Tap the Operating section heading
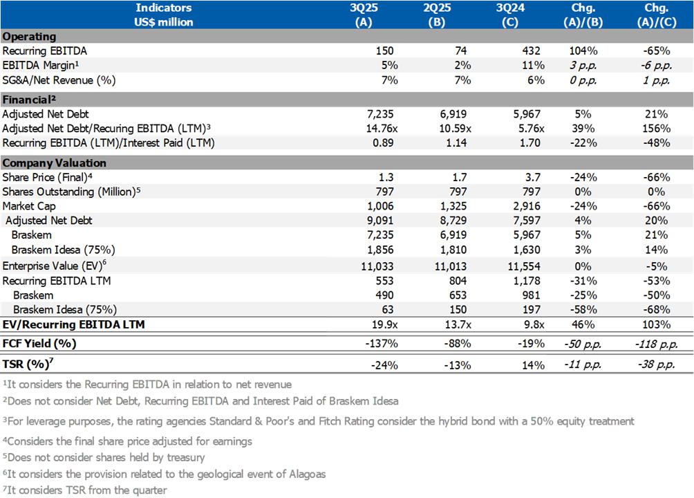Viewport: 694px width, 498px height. pos(29,36)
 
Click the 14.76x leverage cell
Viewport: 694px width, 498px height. pos(375,129)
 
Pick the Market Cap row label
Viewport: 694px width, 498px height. pos(29,206)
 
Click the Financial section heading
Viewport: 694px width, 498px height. pos(28,99)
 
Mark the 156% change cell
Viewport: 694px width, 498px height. pos(656,129)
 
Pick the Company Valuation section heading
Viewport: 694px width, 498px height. pos(55,163)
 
